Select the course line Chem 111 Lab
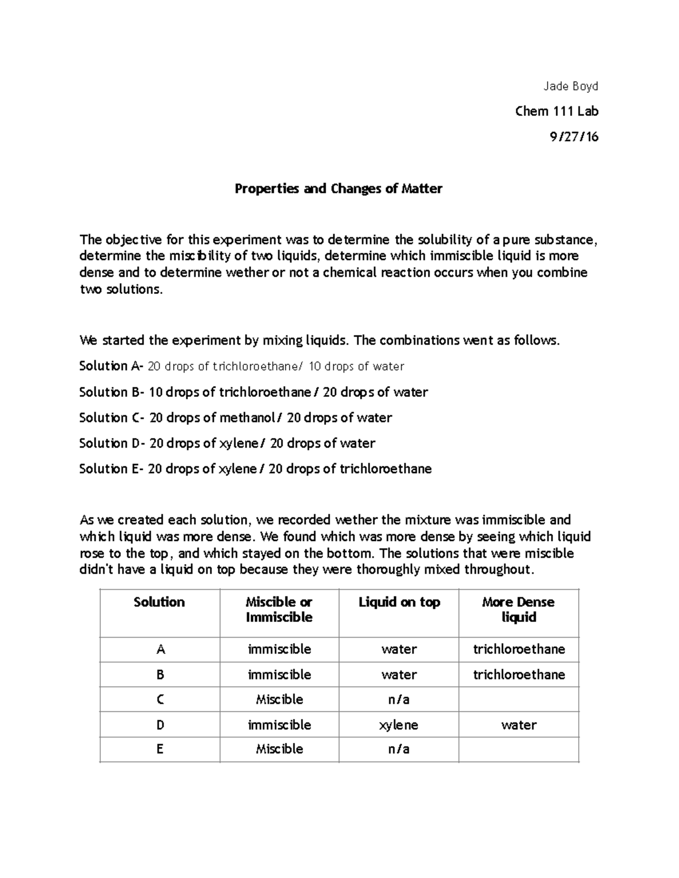pos(557,111)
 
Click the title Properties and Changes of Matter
pos(338,189)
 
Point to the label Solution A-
pos(111,366)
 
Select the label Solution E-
pos(111,469)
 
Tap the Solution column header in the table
pos(159,602)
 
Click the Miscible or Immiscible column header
pos(279,609)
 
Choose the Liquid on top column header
pos(399,602)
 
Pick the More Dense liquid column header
pos(518,609)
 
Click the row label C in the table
pos(160,700)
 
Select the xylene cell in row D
pos(399,725)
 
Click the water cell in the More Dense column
pos(518,725)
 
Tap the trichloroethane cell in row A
pos(518,649)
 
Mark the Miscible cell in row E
pos(279,749)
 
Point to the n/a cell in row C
pos(399,700)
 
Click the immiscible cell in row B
pos(279,674)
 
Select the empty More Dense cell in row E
pos(518,749)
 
